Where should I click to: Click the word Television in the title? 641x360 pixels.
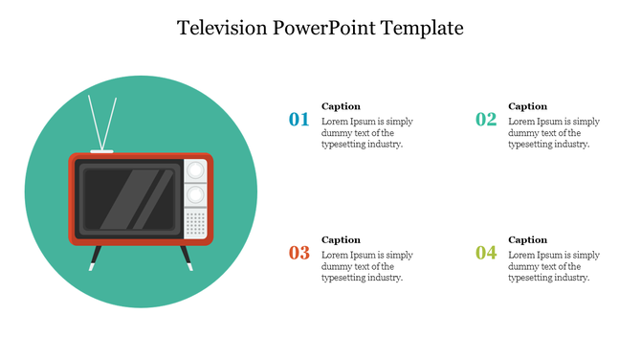224,28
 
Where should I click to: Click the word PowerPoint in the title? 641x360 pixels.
325,28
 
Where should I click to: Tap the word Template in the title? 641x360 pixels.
423,28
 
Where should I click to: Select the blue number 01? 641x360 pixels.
299,120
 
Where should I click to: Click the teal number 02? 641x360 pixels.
486,120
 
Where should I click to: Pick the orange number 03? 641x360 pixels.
299,254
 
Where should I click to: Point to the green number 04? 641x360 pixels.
486,254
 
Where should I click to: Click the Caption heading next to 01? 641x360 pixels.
341,106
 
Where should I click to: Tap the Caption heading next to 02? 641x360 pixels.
527,106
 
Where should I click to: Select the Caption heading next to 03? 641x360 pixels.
341,239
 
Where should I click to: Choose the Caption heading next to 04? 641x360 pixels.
527,239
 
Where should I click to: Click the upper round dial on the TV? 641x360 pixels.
195,170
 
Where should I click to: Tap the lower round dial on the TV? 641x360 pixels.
195,194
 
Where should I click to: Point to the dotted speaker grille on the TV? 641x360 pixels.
195,224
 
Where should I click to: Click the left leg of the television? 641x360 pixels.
96,257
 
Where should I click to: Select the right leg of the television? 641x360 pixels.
186,257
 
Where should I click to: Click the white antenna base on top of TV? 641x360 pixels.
101,151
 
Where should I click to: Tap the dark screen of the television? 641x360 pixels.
128,198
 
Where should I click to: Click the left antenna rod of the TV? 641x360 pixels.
94,122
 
